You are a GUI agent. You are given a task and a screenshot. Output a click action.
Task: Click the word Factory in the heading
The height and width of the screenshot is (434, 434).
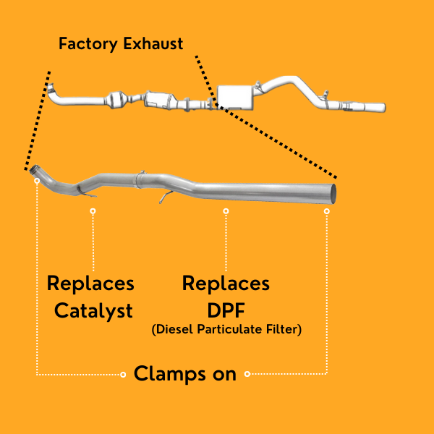click(88, 44)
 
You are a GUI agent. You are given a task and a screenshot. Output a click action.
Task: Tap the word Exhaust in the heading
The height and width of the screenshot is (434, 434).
click(153, 44)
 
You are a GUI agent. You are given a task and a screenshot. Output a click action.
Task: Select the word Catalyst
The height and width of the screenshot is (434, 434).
click(94, 311)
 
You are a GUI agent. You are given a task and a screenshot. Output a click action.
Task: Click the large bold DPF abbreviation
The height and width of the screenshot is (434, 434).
click(226, 311)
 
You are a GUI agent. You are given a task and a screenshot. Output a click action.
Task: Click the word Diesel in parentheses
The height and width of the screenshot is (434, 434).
click(173, 330)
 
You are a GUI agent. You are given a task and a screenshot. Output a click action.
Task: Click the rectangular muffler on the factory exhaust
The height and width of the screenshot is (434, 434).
click(237, 95)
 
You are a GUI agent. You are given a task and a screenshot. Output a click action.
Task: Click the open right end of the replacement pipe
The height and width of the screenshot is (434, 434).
click(333, 193)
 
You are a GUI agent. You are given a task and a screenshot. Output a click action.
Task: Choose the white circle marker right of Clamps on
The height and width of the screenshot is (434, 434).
click(247, 374)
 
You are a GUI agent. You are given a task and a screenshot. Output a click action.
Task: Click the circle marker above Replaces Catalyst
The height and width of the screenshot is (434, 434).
click(93, 211)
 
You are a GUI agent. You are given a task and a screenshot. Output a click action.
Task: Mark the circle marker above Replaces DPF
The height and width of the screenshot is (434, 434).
click(226, 211)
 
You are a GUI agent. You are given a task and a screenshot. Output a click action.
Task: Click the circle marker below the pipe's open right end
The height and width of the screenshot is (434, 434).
click(327, 211)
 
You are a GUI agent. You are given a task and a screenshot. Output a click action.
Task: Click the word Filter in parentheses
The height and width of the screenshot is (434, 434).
click(286, 330)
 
